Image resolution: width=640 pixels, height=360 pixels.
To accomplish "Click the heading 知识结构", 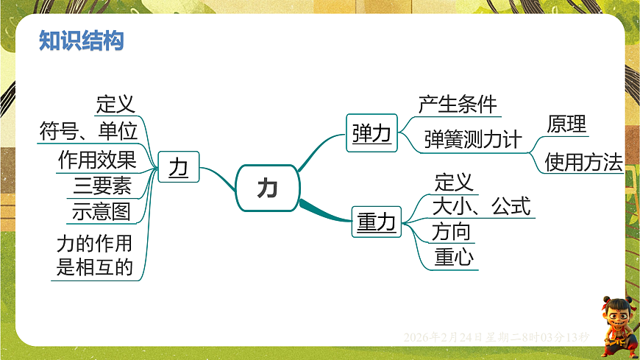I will click(81, 41).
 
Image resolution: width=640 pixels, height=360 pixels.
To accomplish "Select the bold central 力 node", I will click(267, 188).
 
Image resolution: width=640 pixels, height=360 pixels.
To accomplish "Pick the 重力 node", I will click(376, 222).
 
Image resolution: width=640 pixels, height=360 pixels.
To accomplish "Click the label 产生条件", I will click(458, 105).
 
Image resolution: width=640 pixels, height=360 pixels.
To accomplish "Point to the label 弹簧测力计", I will click(472, 140).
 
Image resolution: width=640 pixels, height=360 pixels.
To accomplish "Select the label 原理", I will click(566, 124).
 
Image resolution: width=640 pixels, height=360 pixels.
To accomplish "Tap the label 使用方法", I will click(583, 162).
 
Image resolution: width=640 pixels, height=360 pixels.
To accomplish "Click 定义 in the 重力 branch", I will click(454, 182).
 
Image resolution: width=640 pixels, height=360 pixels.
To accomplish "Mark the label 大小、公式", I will click(481, 206).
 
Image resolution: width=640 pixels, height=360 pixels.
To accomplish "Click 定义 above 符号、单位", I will click(115, 105).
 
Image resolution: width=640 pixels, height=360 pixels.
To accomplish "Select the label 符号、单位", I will click(88, 131).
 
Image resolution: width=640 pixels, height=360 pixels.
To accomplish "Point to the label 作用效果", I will click(97, 160).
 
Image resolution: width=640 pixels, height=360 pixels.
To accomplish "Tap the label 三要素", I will click(102, 186).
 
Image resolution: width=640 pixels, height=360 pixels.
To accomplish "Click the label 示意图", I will click(102, 212).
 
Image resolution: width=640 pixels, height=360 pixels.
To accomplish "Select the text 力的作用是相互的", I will click(95, 255).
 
